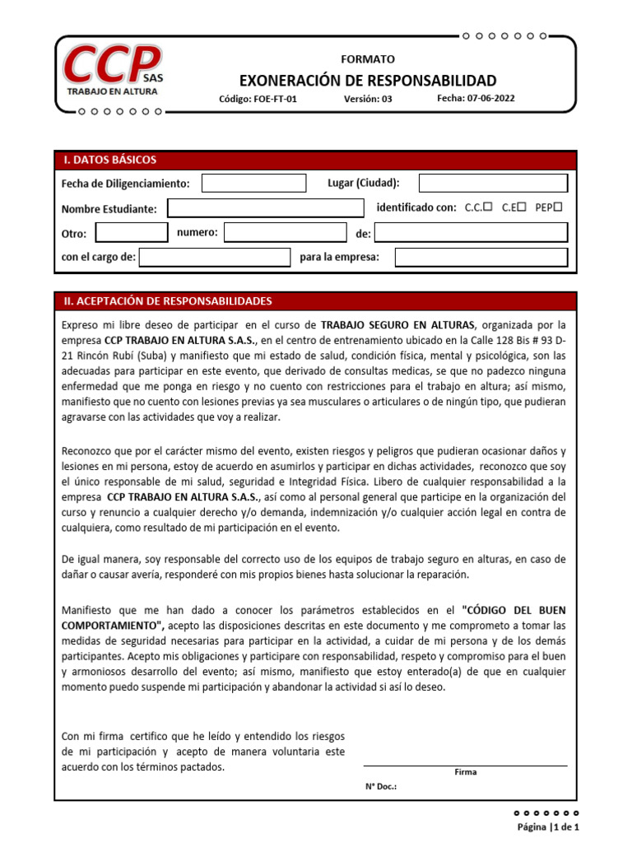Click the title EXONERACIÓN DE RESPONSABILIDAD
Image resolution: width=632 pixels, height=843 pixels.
click(x=368, y=80)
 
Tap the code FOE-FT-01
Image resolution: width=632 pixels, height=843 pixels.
click(x=258, y=99)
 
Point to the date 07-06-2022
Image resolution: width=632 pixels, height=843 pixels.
click(x=476, y=98)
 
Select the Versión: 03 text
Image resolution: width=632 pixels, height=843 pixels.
click(x=368, y=99)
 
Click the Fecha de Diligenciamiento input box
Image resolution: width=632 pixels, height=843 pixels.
click(x=242, y=183)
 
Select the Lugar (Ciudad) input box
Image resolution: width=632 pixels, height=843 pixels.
click(x=492, y=183)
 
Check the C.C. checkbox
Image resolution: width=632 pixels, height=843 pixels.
click(x=488, y=207)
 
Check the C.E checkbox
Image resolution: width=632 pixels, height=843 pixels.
click(x=522, y=207)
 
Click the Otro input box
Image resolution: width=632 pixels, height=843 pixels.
click(x=131, y=233)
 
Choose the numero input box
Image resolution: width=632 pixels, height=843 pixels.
click(x=285, y=233)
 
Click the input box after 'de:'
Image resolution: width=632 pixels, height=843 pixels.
click(x=471, y=233)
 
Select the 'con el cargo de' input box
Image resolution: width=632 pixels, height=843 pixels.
click(x=214, y=258)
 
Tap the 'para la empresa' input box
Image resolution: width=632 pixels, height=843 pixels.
click(x=481, y=258)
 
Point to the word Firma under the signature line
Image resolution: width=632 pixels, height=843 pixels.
click(x=465, y=772)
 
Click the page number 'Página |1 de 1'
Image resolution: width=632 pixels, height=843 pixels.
click(x=548, y=827)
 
